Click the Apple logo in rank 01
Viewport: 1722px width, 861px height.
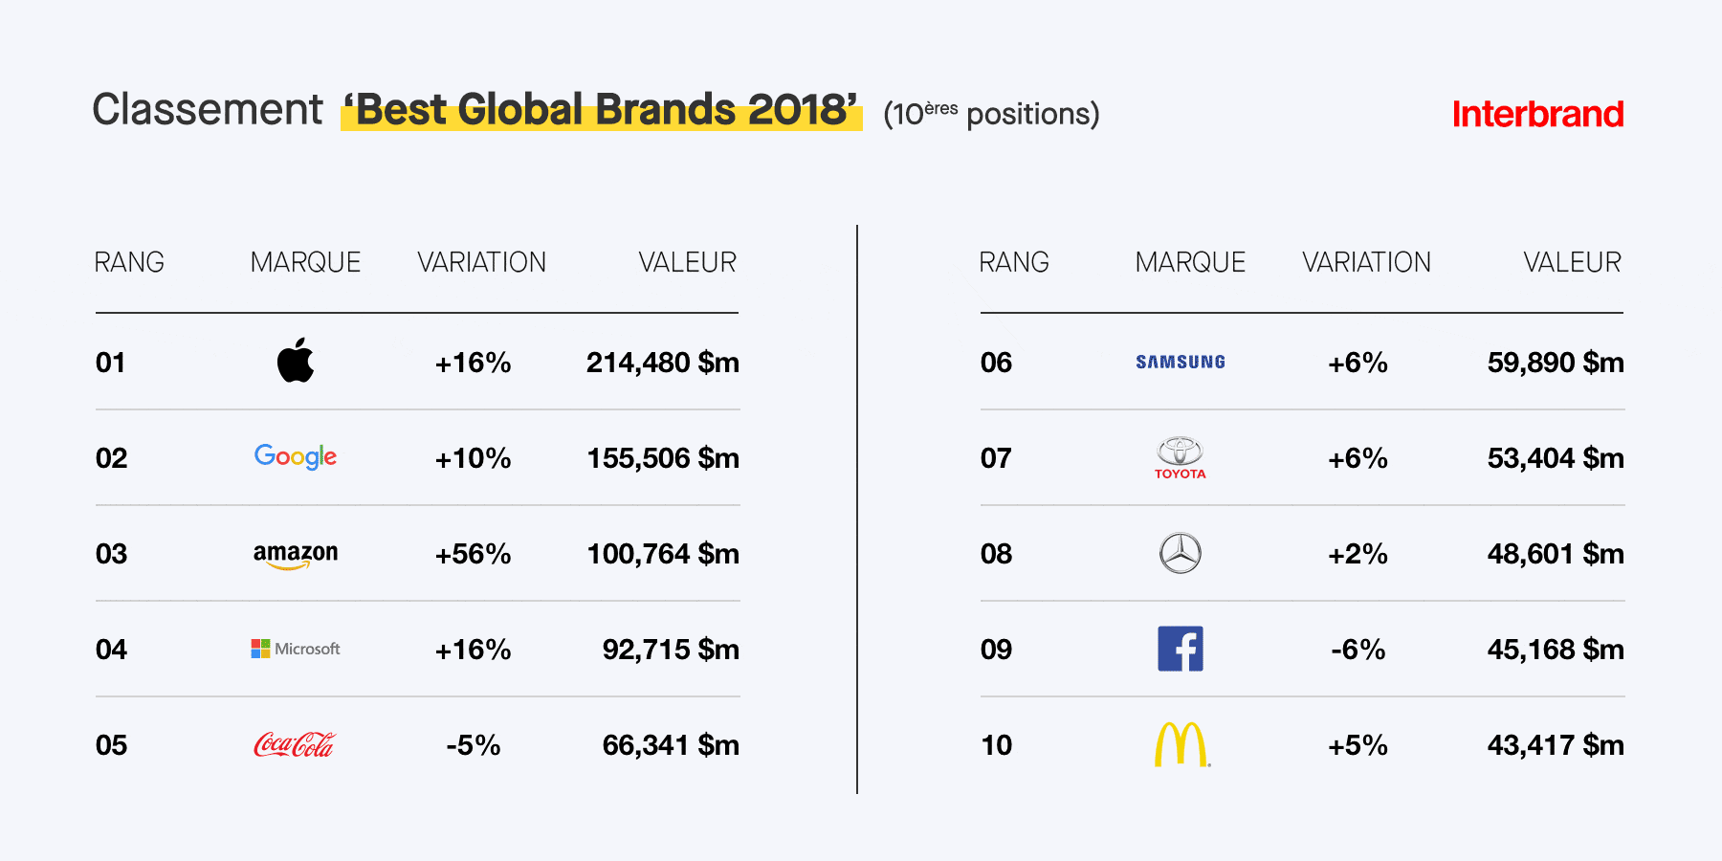click(296, 361)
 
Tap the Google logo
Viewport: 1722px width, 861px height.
click(296, 456)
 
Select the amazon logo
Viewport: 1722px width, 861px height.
click(296, 555)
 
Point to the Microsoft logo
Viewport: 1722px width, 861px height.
click(296, 649)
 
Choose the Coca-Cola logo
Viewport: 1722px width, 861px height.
click(295, 744)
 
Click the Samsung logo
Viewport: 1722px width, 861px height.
click(1181, 362)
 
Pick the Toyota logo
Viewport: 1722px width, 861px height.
click(1181, 457)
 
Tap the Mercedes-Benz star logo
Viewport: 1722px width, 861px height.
click(1181, 553)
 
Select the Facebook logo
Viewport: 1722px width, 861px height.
click(1181, 649)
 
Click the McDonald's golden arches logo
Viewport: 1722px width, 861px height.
click(1181, 744)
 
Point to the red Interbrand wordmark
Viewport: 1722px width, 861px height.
click(1537, 114)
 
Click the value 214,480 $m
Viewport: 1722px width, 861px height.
click(663, 363)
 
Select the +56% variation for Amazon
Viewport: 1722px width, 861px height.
click(473, 554)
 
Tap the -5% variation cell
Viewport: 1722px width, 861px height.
click(473, 745)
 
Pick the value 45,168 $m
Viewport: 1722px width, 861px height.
click(1556, 650)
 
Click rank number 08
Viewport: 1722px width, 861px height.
click(996, 554)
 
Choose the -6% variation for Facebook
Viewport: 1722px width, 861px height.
click(1358, 650)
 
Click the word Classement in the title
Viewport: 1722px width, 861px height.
click(208, 109)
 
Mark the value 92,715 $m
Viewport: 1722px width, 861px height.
click(671, 650)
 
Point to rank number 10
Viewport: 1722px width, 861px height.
click(996, 745)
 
